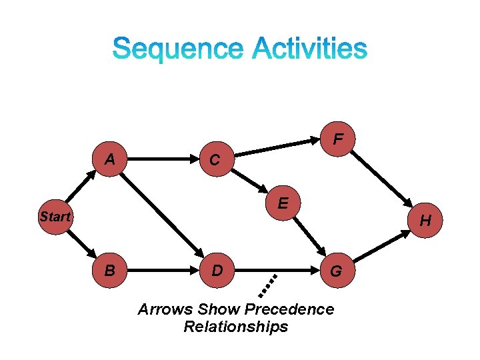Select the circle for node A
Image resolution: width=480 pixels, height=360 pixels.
coord(109,159)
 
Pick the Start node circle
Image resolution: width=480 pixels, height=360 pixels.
coord(55,216)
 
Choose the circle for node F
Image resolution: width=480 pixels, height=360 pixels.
coord(339,139)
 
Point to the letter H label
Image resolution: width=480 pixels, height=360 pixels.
coord(425,221)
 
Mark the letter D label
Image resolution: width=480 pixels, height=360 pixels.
coord(217,271)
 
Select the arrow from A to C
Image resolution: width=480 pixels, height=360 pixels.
coord(162,159)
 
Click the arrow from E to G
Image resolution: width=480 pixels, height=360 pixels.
coord(307,237)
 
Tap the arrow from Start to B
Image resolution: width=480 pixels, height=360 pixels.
coord(81,243)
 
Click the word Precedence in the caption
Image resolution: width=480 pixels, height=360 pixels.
coord(289,310)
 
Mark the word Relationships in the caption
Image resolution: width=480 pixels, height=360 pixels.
coord(235,327)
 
